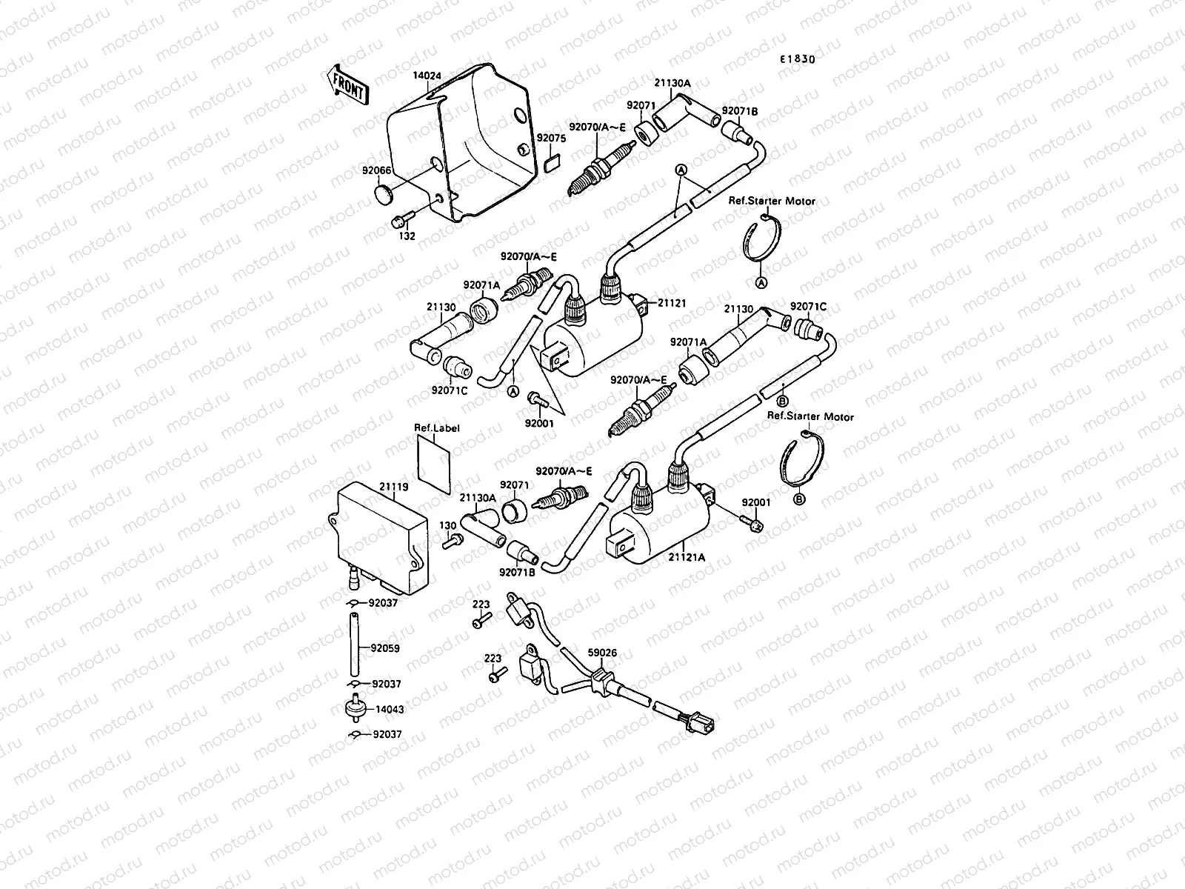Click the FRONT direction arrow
click(345, 84)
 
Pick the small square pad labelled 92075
click(550, 163)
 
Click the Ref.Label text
click(436, 428)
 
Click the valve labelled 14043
click(353, 708)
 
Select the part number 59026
click(602, 653)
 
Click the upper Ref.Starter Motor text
click(772, 201)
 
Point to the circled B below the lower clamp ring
click(798, 499)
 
